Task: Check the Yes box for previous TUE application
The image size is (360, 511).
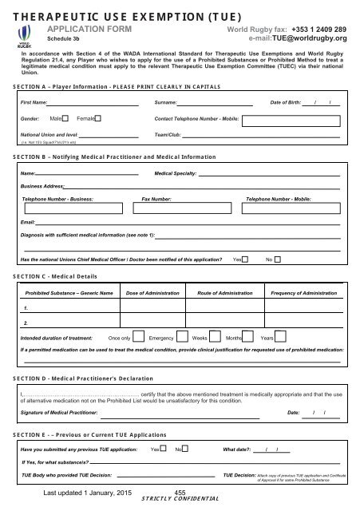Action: point(163,450)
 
